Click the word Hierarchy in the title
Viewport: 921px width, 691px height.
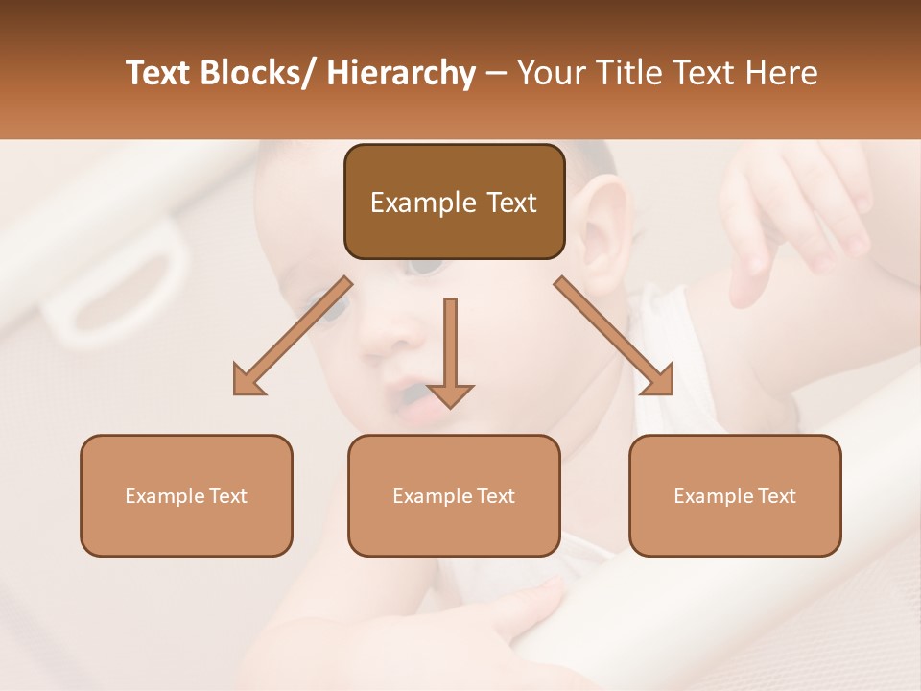click(401, 73)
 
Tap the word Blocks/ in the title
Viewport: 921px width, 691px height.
click(258, 73)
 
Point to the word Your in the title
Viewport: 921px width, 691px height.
click(553, 73)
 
